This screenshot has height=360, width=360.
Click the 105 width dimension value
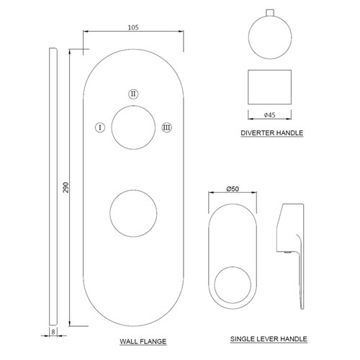pos(133,27)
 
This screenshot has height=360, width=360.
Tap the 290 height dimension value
pos(66,187)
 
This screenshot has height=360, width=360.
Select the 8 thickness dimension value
pos(53,332)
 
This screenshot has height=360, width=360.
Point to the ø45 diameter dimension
pos(269,115)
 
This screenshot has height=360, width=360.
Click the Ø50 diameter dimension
pos(233,189)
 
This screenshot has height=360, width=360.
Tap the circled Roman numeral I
pos(100,127)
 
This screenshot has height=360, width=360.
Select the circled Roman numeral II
pos(133,94)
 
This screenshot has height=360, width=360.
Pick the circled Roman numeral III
pos(166,127)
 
